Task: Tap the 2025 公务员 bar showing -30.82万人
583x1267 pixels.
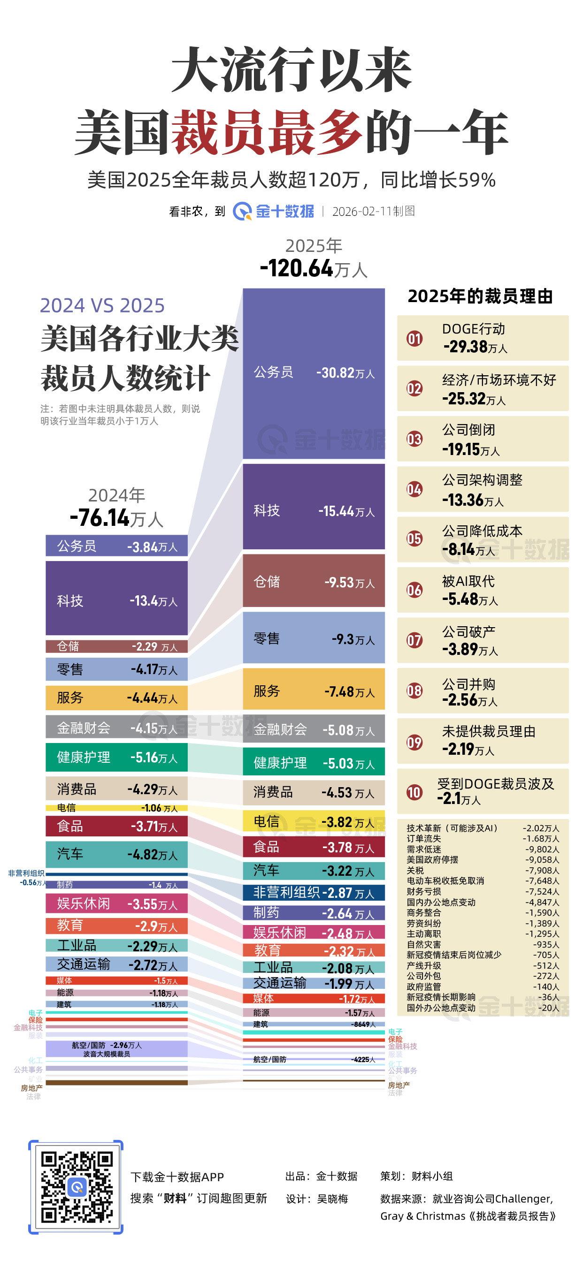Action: [x=314, y=373]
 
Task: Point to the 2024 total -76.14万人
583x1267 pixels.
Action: [x=116, y=518]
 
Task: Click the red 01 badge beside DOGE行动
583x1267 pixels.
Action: [x=414, y=338]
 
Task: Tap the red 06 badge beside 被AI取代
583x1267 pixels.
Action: [x=414, y=590]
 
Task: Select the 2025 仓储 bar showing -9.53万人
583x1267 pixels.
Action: [x=314, y=581]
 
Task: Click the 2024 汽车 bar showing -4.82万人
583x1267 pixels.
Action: [x=116, y=854]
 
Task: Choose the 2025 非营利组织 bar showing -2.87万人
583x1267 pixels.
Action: [x=314, y=892]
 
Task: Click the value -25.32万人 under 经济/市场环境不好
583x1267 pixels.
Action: [x=473, y=399]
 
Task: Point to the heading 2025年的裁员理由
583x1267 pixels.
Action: [x=480, y=296]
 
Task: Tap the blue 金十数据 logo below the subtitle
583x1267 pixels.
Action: [x=274, y=212]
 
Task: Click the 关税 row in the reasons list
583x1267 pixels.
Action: [x=416, y=870]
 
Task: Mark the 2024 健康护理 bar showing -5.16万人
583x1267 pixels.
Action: [x=116, y=758]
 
